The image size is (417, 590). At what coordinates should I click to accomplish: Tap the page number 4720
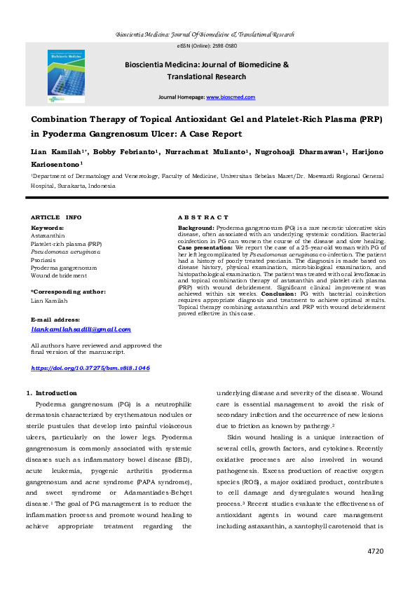(376, 551)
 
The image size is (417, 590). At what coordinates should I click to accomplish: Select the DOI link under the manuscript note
(90, 368)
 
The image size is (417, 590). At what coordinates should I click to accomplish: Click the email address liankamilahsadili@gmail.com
(81, 329)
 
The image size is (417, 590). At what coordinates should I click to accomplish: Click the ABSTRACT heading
(203, 218)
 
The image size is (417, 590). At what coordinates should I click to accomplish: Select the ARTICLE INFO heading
(56, 218)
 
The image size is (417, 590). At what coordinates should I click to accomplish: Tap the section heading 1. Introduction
(51, 393)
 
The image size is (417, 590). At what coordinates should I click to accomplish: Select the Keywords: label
(47, 228)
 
